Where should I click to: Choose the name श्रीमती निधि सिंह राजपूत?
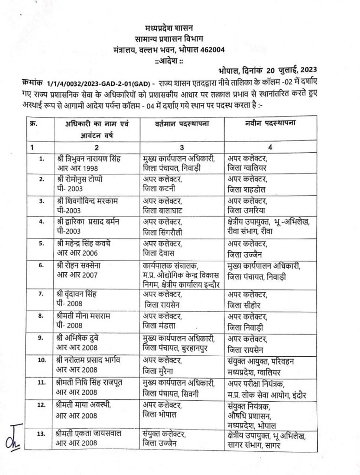tap(91, 382)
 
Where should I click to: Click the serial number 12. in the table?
tap(41, 404)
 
